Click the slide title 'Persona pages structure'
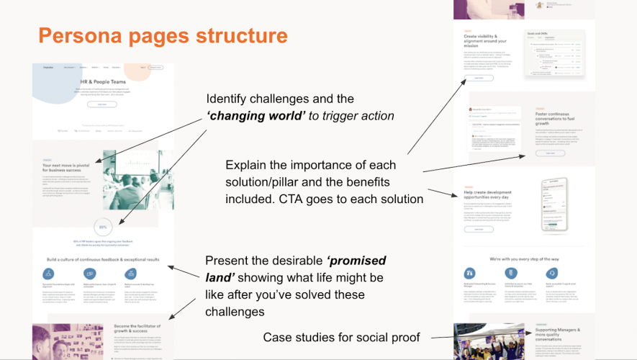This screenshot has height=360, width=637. coord(163,35)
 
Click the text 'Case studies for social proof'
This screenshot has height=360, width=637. coord(341,336)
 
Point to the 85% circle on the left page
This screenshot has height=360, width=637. coord(103,229)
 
